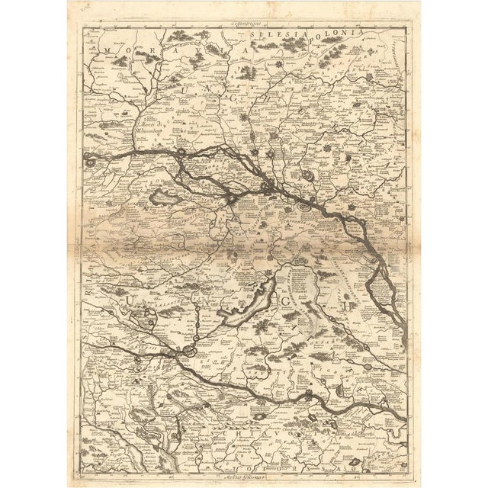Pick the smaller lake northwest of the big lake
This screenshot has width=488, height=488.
164,200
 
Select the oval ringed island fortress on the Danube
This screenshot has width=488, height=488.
303,206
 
